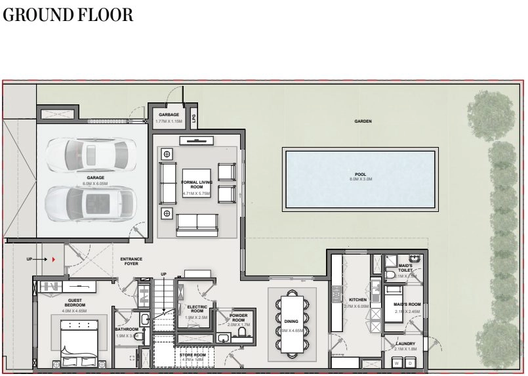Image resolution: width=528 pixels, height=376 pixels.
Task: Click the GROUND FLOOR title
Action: click(68, 16)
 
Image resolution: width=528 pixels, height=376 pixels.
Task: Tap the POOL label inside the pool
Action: click(360, 175)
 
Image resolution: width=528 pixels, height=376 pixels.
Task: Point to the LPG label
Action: click(193, 119)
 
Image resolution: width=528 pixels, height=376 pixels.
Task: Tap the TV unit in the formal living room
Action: click(196, 140)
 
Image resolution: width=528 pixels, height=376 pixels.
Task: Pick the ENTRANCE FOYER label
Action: click(131, 261)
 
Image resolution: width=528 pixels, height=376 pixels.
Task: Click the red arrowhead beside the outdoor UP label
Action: click(53, 260)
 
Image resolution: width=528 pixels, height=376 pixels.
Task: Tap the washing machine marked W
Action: click(396, 362)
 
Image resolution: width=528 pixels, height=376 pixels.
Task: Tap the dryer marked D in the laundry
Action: click(410, 362)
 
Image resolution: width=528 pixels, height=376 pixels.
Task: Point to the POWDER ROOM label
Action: click(238, 318)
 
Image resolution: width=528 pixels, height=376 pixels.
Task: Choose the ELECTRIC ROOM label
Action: click(197, 309)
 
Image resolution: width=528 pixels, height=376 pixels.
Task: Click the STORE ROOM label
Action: click(193, 355)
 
